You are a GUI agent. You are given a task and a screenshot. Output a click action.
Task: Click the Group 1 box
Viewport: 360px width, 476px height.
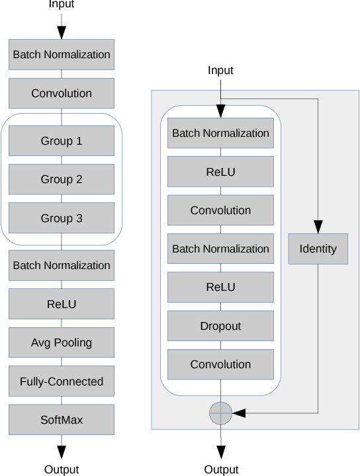point(62,141)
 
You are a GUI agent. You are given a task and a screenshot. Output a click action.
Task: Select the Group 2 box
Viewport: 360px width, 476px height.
point(62,179)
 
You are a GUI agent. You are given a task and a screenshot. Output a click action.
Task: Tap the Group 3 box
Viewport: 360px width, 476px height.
point(62,218)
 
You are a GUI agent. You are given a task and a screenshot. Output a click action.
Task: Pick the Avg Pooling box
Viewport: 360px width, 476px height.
point(62,342)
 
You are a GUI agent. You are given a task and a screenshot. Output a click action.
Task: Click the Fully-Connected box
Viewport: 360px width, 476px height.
point(62,381)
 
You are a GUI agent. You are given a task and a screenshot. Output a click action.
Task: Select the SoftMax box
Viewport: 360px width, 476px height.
point(62,420)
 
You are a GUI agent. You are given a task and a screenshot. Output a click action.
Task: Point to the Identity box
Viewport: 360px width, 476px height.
point(318,249)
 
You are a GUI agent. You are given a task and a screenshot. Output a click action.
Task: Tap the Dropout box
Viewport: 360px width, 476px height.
point(220,326)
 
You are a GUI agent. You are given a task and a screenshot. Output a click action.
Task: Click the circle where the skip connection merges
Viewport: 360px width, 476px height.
point(220,413)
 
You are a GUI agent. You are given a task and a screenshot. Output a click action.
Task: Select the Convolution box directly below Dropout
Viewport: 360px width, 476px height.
point(220,364)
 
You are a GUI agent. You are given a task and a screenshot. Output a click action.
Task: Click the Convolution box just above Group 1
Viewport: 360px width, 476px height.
point(62,93)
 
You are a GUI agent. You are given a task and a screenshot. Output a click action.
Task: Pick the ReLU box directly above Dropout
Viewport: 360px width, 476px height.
point(220,288)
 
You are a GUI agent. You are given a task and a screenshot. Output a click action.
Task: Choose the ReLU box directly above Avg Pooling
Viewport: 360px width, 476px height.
point(62,304)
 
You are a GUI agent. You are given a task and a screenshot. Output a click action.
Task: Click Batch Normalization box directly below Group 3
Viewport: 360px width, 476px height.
point(62,265)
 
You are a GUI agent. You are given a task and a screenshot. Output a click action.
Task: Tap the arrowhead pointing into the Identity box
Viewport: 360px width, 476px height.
point(318,227)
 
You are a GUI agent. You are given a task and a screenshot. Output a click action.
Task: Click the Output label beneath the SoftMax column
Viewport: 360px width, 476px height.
point(62,469)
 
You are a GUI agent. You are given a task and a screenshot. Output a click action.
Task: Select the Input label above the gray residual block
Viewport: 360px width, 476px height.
point(220,70)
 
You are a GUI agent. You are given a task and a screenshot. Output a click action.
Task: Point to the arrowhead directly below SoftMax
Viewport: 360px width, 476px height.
point(62,452)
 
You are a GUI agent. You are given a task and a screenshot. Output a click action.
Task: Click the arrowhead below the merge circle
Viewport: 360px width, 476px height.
point(220,452)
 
